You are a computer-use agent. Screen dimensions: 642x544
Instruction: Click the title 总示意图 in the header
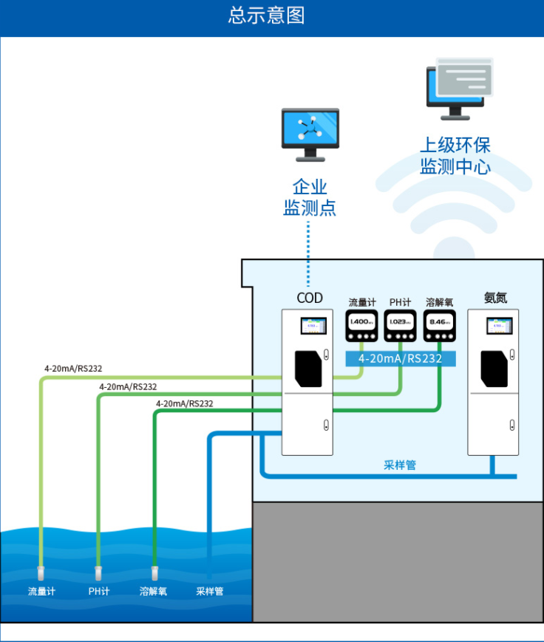pyautogui.click(x=266, y=16)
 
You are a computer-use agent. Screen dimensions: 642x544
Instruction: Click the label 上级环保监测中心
pyautogui.click(x=455, y=155)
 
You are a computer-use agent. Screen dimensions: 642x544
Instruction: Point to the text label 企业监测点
pyautogui.click(x=310, y=197)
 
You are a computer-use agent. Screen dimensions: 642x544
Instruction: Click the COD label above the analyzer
pyautogui.click(x=310, y=298)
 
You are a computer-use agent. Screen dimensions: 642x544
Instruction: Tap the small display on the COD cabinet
pyautogui.click(x=313, y=325)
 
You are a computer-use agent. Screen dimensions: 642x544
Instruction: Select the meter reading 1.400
pyautogui.click(x=361, y=322)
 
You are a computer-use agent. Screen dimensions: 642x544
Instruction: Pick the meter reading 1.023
pyautogui.click(x=400, y=322)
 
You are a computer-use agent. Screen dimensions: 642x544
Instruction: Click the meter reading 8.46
pyautogui.click(x=439, y=322)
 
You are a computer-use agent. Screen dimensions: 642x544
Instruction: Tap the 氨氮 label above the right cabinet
pyautogui.click(x=495, y=298)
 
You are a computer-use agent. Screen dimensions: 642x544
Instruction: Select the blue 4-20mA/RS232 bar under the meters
pyautogui.click(x=400, y=359)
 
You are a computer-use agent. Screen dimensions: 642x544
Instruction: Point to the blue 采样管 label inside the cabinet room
pyautogui.click(x=400, y=465)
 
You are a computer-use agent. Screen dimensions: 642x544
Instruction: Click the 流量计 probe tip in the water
pyautogui.click(x=41, y=573)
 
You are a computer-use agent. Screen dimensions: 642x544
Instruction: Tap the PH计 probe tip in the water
pyautogui.click(x=98, y=573)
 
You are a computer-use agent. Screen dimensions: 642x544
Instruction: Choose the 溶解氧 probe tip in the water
pyautogui.click(x=154, y=573)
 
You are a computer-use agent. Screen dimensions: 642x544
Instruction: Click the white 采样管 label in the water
pyautogui.click(x=210, y=592)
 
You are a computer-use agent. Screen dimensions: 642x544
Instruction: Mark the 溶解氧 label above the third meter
pyautogui.click(x=439, y=302)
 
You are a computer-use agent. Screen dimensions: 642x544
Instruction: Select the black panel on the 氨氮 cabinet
pyautogui.click(x=494, y=369)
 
